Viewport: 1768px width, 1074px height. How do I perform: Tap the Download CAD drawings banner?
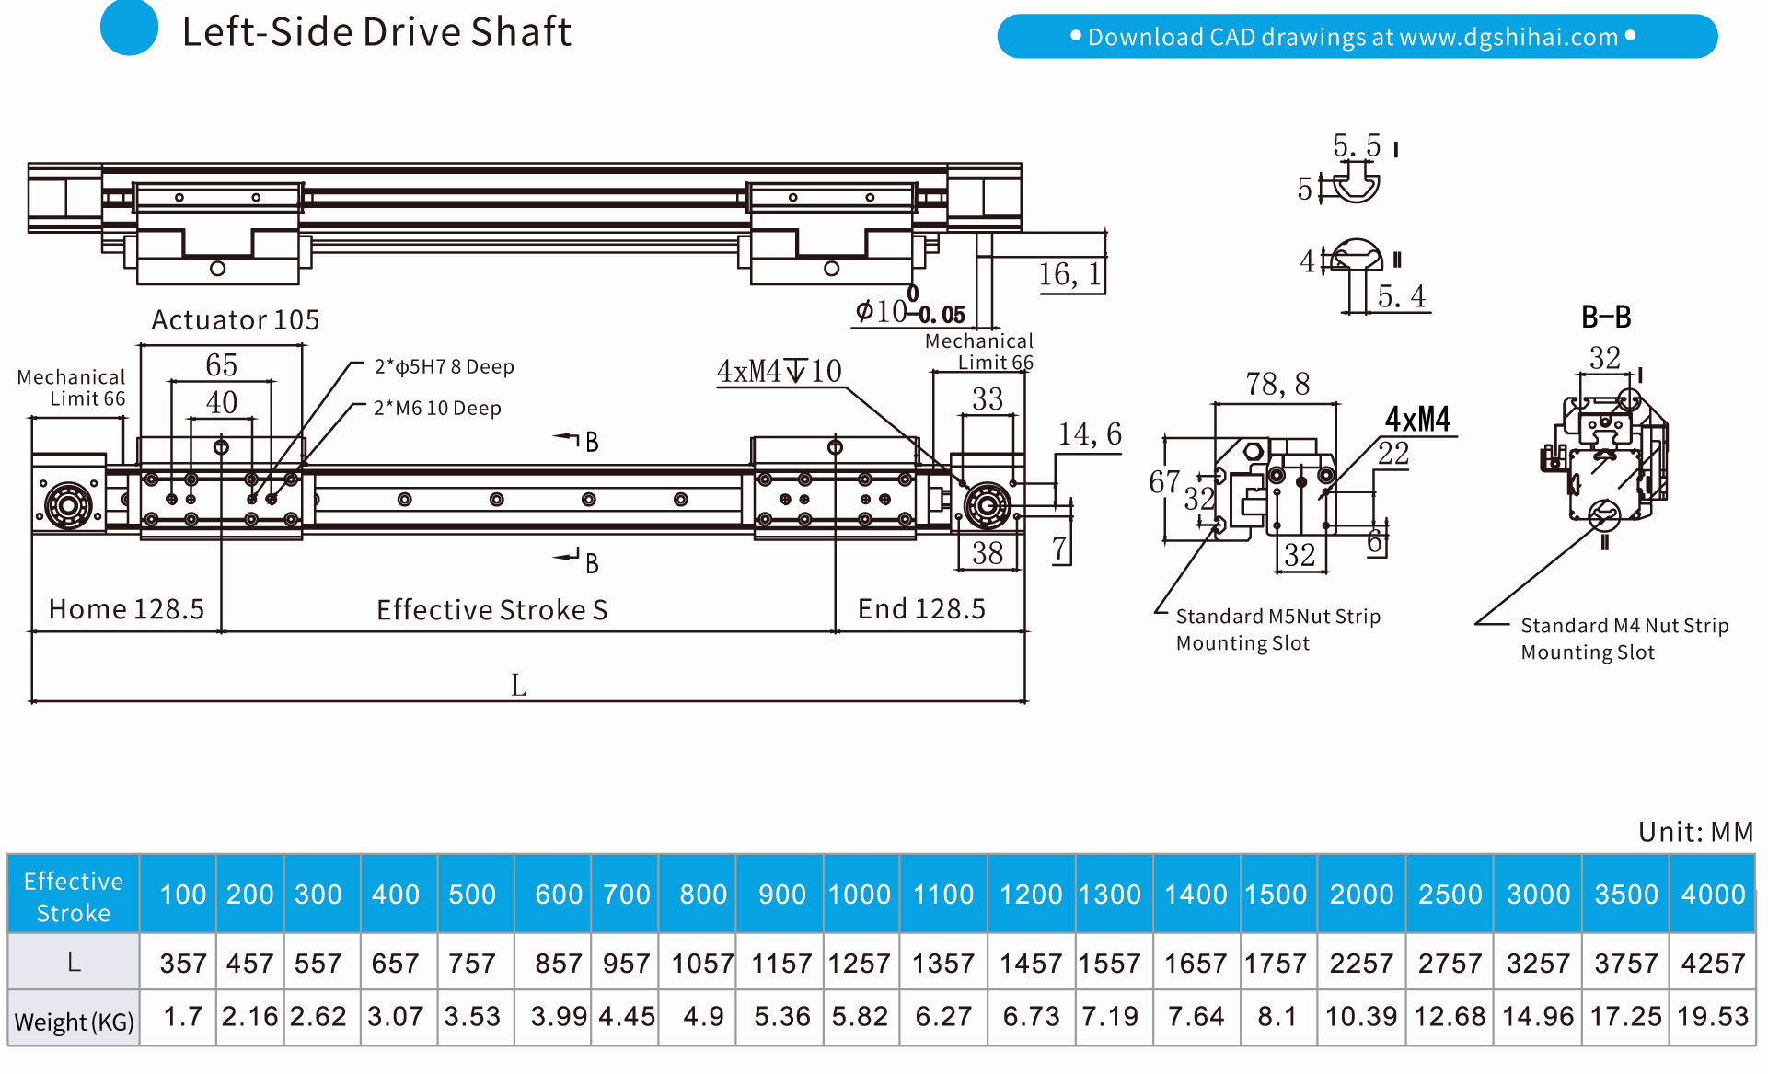(x=1357, y=37)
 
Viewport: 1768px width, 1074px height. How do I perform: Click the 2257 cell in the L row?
(x=1360, y=964)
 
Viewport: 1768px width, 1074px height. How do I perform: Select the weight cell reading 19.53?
(x=1712, y=1017)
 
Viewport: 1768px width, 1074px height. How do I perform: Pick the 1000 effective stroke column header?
(x=859, y=895)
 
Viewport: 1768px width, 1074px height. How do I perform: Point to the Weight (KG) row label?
(x=74, y=1022)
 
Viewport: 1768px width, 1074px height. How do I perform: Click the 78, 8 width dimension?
(x=1277, y=384)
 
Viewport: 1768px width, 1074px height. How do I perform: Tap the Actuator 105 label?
(x=235, y=320)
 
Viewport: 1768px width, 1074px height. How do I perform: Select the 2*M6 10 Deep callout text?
(x=437, y=409)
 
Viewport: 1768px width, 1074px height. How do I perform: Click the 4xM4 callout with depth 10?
(x=779, y=371)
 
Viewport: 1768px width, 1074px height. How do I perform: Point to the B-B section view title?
(x=1606, y=318)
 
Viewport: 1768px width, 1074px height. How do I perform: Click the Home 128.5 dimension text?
(x=126, y=609)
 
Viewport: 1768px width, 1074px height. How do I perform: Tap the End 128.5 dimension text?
(x=920, y=609)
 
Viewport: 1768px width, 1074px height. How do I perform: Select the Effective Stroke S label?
(x=491, y=610)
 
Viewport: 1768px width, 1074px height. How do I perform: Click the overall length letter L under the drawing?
(x=519, y=685)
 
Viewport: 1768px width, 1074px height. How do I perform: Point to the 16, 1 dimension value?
(x=1069, y=274)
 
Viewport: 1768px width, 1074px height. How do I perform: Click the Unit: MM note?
(x=1695, y=832)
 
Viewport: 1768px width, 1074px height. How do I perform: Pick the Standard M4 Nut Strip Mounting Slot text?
(x=1624, y=639)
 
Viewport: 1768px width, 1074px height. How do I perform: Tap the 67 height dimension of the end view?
(x=1163, y=481)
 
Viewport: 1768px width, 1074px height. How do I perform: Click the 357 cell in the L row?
(x=182, y=964)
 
